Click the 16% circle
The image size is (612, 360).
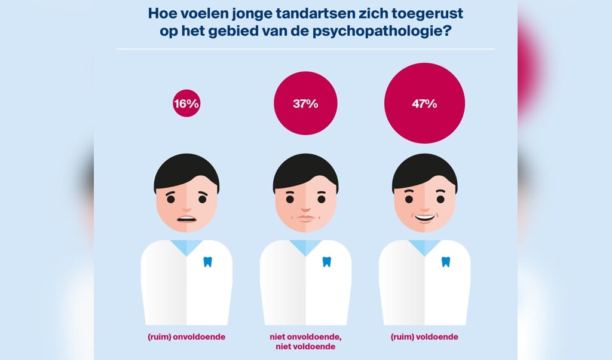point(186,103)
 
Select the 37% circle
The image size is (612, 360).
point(305,103)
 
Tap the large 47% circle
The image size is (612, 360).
point(424,103)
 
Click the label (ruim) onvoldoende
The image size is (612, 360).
point(186,337)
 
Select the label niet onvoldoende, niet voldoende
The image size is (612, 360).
point(305,341)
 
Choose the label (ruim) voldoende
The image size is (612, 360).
point(424,337)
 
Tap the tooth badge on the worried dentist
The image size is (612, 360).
point(207,261)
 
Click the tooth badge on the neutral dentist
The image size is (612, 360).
point(326,261)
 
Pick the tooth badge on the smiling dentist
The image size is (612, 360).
point(445,261)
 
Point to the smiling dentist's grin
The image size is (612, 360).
point(424,216)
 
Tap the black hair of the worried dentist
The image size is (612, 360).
point(186,170)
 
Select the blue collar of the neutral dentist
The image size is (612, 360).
point(305,246)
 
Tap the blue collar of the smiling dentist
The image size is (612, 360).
point(424,246)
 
